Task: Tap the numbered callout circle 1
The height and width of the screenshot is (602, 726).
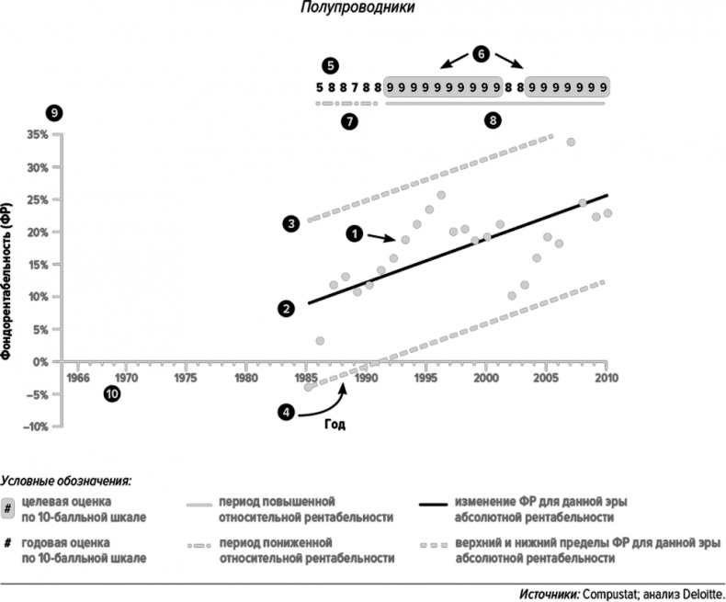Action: point(354,234)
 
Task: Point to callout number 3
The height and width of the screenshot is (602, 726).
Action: point(290,223)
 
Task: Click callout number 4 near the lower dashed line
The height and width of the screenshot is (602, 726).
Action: point(288,413)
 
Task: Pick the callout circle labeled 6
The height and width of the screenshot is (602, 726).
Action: point(482,53)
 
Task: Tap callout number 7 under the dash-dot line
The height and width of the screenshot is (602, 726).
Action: point(349,122)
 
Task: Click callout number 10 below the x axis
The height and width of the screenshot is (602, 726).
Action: point(111,394)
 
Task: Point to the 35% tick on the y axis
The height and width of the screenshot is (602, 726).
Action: point(40,135)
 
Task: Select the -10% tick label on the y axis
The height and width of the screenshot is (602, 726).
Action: point(38,426)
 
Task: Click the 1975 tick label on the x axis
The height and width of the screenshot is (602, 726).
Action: point(186,377)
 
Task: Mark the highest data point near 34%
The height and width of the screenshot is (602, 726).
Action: point(571,142)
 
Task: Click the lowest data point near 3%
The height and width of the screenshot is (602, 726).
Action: point(320,341)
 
